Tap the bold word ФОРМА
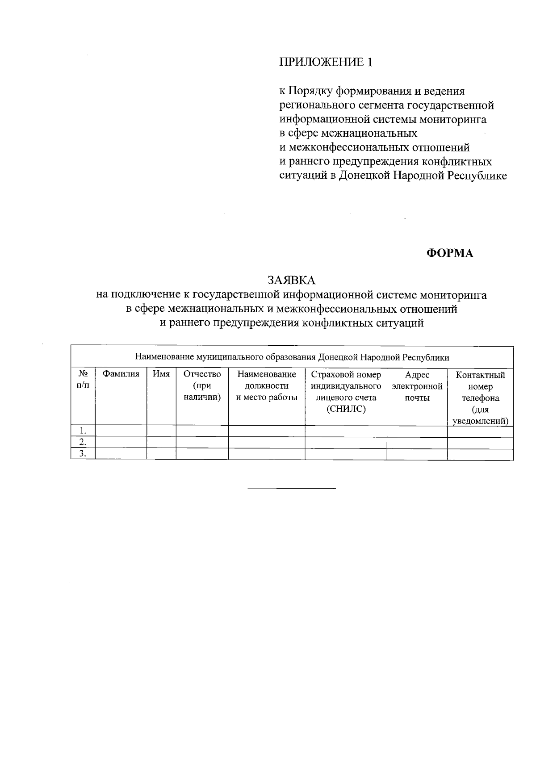pyautogui.click(x=449, y=253)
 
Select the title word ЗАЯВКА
pyautogui.click(x=291, y=280)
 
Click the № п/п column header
pyautogui.click(x=83, y=380)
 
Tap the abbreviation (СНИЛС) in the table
pyautogui.click(x=346, y=409)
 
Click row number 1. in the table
pyautogui.click(x=83, y=431)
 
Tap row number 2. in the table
pyautogui.click(x=83, y=443)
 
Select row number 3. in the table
pyautogui.click(x=83, y=454)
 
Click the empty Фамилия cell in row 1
pyautogui.click(x=121, y=431)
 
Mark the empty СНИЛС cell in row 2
pyautogui.click(x=346, y=443)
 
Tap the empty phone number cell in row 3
pyautogui.click(x=480, y=454)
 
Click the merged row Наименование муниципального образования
pyautogui.click(x=292, y=357)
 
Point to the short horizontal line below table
pyautogui.click(x=291, y=488)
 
